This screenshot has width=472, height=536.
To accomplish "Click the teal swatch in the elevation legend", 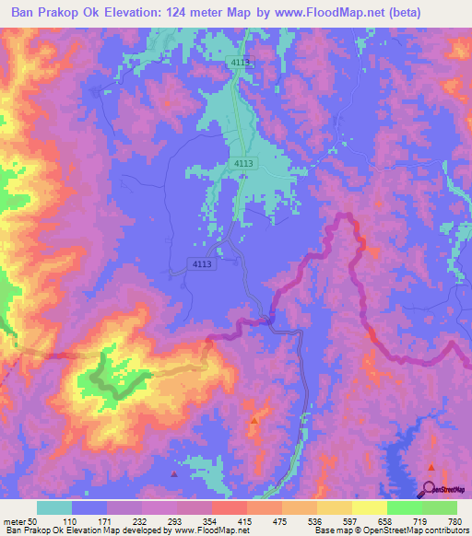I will (x=54, y=507).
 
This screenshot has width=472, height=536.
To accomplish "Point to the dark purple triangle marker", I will (x=175, y=473).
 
